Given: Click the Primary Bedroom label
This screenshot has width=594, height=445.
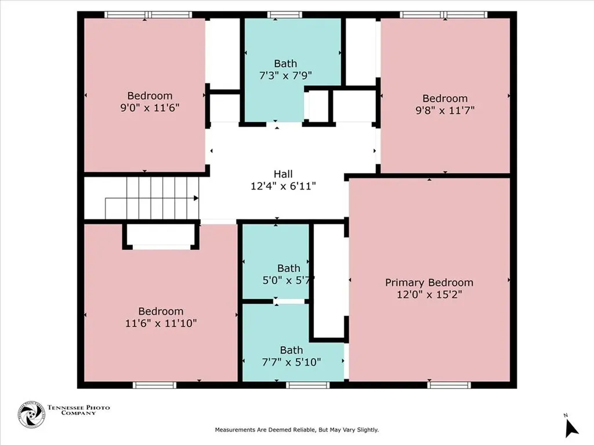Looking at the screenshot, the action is (429, 283).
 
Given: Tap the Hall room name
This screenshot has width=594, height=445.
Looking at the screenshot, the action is (283, 174).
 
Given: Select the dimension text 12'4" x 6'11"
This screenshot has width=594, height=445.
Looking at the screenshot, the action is (283, 186).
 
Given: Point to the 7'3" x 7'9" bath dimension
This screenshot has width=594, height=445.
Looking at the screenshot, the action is (285, 75).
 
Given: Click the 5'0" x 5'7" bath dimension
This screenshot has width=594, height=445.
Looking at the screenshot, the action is (288, 280).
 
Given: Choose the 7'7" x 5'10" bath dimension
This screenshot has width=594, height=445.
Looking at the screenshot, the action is (291, 362).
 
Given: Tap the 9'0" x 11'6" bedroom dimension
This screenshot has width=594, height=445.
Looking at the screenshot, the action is (150, 107).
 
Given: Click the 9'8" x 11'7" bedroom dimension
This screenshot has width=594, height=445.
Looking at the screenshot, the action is (445, 110).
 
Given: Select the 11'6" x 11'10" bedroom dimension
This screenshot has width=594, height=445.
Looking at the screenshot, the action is (161, 323).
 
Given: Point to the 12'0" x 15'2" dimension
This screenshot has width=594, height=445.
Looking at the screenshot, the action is (429, 294).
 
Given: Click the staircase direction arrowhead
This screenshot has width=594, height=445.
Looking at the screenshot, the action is (196, 198).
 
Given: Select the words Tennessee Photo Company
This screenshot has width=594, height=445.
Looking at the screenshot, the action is (78, 410).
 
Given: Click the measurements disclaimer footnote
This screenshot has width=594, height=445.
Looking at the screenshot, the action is (296, 430).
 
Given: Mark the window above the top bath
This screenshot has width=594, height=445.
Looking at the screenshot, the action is (284, 14).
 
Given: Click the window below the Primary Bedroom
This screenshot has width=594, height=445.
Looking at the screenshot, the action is (449, 385).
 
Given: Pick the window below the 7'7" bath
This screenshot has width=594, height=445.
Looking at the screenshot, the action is (307, 385).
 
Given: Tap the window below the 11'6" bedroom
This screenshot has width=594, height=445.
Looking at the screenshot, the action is (154, 385).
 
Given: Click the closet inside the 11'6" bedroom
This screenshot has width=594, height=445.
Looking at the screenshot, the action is (161, 235).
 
